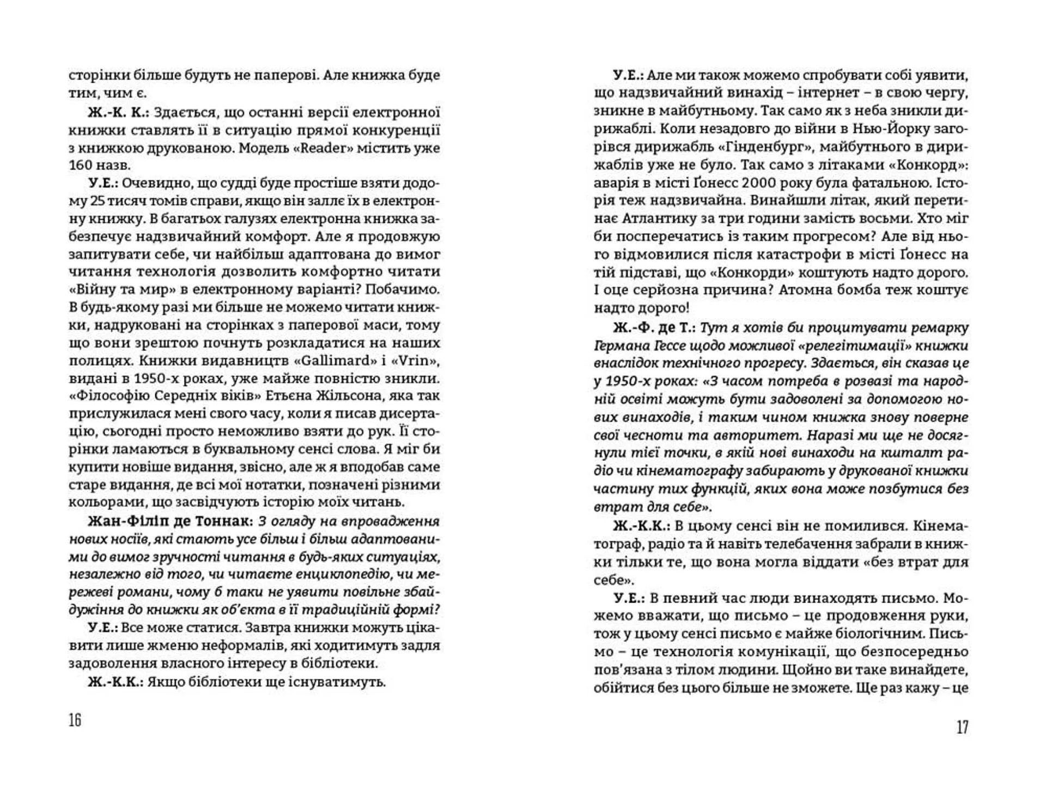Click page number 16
click(75, 720)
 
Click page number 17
click(962, 727)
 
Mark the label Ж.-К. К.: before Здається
click(118, 113)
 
